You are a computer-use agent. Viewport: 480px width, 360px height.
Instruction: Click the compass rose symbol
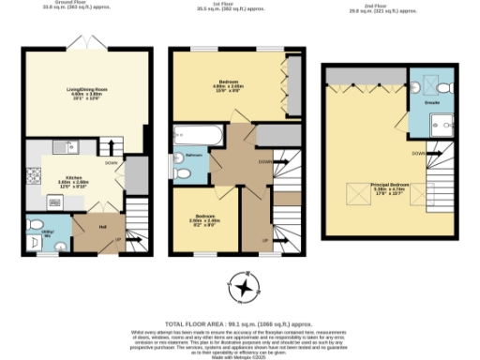tap(245, 287)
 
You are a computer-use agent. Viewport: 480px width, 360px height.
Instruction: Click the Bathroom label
tap(194, 155)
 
